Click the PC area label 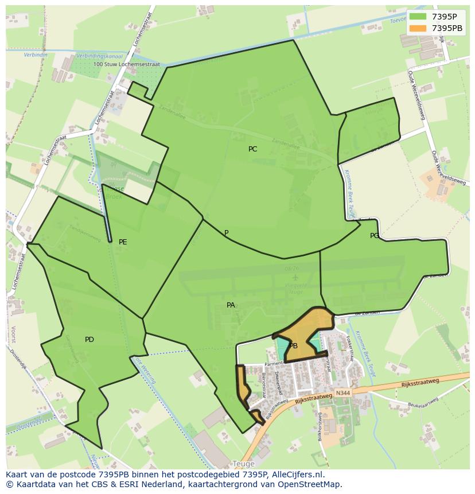click(x=252, y=149)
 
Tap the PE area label click(x=123, y=242)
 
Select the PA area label click(x=231, y=305)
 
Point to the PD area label click(x=89, y=340)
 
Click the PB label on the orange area click(x=293, y=346)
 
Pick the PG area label click(x=375, y=236)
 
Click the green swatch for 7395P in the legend click(x=418, y=17)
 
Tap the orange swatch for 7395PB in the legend click(x=418, y=28)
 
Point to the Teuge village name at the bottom click(x=243, y=464)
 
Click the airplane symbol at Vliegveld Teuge click(x=295, y=277)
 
